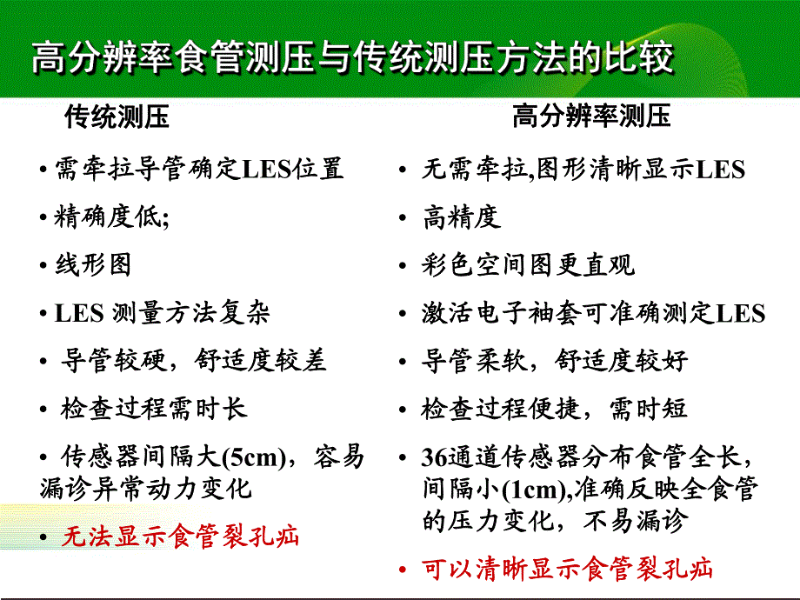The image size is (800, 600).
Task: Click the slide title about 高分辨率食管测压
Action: (352, 59)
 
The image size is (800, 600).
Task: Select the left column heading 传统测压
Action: (117, 117)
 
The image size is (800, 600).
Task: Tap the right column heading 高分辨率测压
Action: (591, 117)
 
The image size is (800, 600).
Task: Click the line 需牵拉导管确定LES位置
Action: (199, 167)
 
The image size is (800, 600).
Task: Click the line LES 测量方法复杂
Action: (162, 312)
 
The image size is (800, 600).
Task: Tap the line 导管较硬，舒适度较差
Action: (193, 360)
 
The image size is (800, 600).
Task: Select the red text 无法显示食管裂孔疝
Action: (179, 537)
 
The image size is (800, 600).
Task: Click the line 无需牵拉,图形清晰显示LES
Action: (583, 169)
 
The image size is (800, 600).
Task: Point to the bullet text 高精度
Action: (462, 217)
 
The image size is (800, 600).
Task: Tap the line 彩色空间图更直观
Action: (529, 264)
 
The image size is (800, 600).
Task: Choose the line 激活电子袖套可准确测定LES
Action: (594, 312)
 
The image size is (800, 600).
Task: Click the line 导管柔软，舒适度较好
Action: (555, 360)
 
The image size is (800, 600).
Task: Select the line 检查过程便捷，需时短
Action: (555, 409)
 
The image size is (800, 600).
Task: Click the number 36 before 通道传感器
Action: (434, 457)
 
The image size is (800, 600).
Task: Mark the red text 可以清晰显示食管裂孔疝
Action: (567, 570)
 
